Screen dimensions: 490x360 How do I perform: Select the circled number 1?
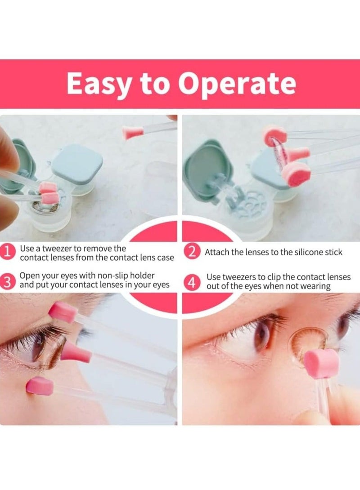click(8, 252)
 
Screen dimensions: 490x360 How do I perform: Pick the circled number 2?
click(193, 252)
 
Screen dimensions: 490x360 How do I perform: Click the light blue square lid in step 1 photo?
click(77, 164)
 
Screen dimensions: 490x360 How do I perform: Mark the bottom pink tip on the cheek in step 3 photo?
click(40, 386)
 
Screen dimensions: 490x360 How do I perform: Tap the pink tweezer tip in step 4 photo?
click(321, 362)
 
